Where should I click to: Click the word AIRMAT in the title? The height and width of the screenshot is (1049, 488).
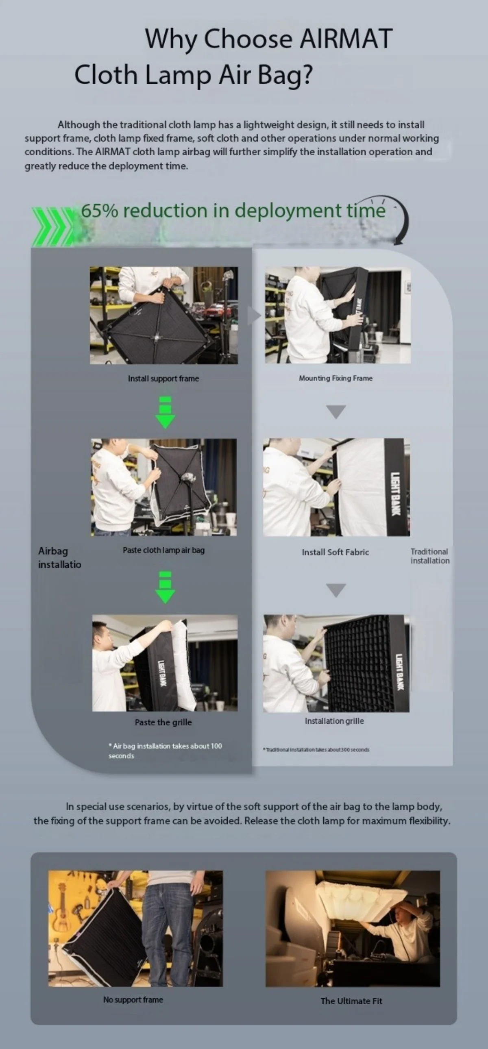[346, 39]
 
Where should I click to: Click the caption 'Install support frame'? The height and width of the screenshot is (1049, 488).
[163, 379]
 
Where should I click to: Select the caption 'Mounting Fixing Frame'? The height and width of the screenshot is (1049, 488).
[335, 378]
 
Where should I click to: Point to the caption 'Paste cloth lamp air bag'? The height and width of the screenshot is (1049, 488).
[164, 550]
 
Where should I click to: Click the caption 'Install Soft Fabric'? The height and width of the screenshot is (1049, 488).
[335, 552]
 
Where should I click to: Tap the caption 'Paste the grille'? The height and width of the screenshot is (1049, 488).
[163, 723]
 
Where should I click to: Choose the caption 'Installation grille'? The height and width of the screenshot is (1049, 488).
[334, 721]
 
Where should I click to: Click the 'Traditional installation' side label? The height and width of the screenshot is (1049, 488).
[430, 556]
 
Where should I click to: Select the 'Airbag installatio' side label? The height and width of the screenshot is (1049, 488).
[59, 557]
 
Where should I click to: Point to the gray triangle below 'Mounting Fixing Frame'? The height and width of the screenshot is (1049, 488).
[336, 411]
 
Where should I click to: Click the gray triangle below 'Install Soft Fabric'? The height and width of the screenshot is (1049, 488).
[336, 590]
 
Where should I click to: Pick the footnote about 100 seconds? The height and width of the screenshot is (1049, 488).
[165, 751]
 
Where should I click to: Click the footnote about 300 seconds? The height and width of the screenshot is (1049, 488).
[316, 750]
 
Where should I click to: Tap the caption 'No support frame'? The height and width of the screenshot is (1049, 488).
[133, 999]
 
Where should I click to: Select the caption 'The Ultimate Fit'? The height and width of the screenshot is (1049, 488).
[351, 1001]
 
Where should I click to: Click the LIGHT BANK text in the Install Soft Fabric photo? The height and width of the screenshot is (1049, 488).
[395, 494]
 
